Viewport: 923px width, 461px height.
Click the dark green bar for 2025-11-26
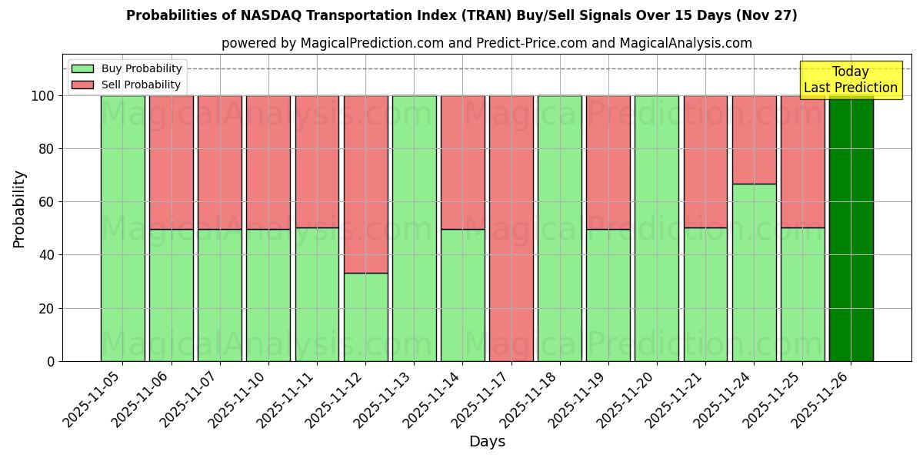tap(851, 228)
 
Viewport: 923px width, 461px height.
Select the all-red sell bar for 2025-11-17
tap(511, 228)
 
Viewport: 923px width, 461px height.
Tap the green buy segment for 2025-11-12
tap(366, 317)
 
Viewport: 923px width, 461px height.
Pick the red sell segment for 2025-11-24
tap(754, 140)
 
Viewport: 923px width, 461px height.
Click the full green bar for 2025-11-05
tap(123, 228)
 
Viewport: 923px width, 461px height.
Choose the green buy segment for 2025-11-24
tap(754, 272)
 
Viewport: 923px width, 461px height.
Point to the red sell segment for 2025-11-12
tap(366, 184)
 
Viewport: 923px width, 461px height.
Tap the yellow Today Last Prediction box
tap(850, 80)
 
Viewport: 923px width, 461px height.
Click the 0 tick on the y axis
tap(51, 361)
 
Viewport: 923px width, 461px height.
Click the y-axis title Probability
tap(19, 209)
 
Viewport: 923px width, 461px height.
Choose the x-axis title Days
tap(487, 442)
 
